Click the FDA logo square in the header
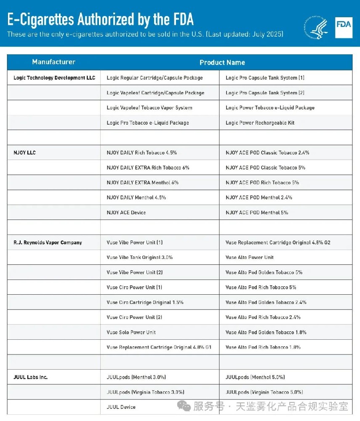tap(344, 28)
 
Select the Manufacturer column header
tap(53, 62)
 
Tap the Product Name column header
tap(222, 62)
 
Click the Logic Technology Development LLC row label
tap(54, 78)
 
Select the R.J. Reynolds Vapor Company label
tap(48, 242)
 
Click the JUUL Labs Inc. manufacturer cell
tap(30, 377)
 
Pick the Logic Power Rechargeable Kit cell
tap(260, 123)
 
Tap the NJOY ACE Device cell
tap(126, 213)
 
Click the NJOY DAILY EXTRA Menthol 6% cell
tap(142, 183)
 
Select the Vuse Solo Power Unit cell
tap(131, 333)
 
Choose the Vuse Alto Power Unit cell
tap(249, 257)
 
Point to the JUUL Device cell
tap(121, 407)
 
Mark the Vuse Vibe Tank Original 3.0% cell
tap(139, 257)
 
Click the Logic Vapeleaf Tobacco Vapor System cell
tap(149, 108)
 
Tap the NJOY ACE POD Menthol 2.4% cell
tap(259, 197)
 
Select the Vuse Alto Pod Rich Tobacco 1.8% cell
tap(263, 347)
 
